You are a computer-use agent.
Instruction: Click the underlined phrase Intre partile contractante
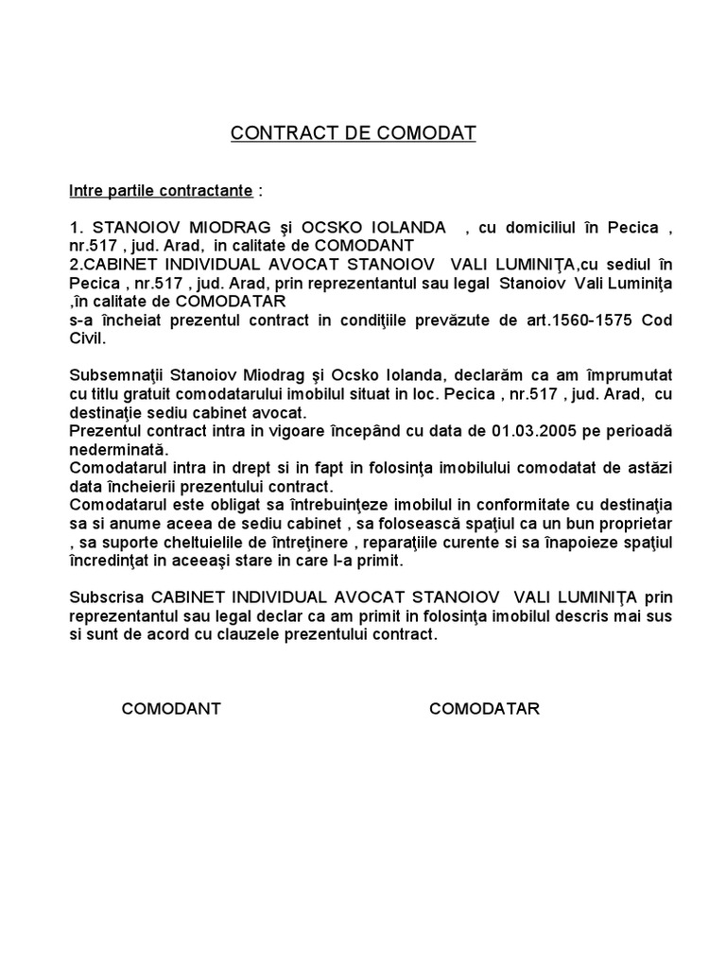[161, 191]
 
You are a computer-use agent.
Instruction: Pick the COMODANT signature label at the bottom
[171, 709]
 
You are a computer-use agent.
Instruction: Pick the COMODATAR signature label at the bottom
[484, 709]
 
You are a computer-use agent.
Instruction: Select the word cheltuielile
[192, 542]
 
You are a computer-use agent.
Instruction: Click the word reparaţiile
[436, 542]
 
